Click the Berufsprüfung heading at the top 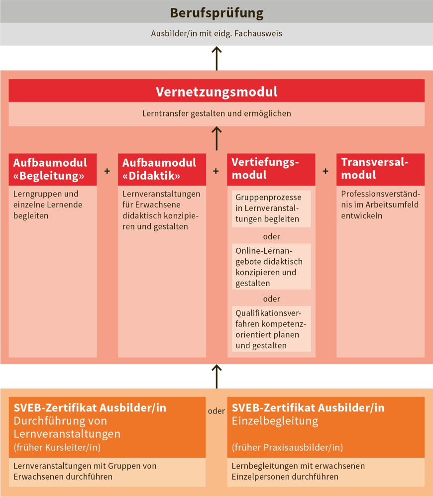(216, 12)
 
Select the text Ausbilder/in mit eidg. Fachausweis (216, 34)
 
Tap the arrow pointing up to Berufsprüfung (216, 58)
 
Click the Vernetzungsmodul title (216, 92)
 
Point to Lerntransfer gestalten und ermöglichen (216, 113)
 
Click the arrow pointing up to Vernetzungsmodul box (216, 138)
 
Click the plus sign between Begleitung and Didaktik (107, 171)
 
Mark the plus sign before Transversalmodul (325, 171)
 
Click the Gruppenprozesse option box (271, 208)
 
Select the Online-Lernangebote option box (271, 266)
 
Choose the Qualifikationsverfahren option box (271, 329)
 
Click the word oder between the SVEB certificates (216, 411)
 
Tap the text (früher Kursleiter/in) (57, 447)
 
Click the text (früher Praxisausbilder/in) (287, 447)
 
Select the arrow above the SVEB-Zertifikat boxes (216, 376)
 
